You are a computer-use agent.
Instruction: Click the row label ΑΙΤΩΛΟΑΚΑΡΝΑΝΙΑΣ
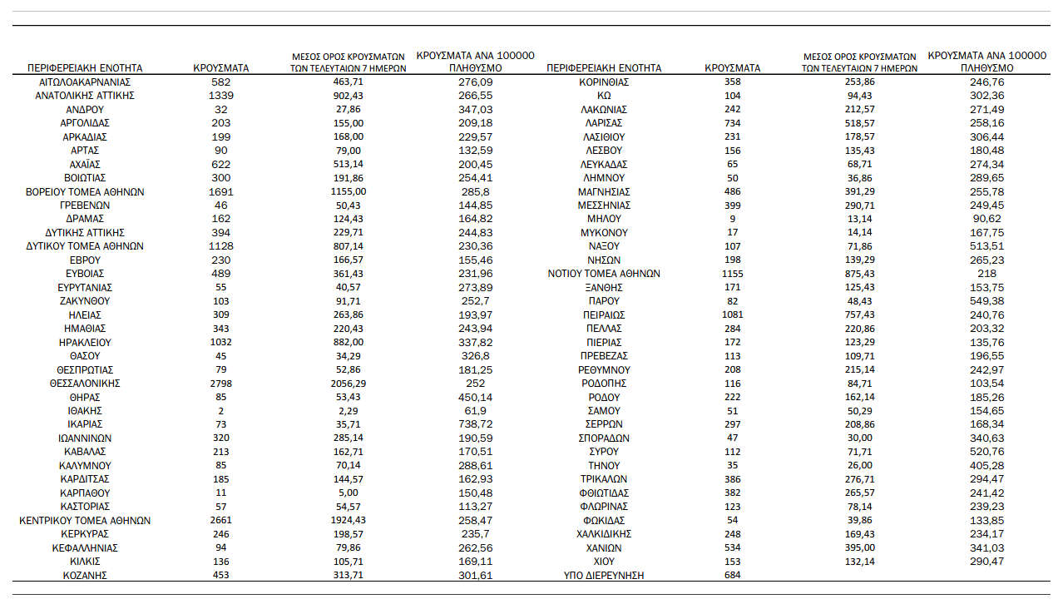click(85, 82)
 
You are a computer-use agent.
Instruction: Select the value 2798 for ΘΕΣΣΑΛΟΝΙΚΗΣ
click(220, 383)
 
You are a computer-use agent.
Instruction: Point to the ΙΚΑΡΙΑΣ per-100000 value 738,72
click(475, 424)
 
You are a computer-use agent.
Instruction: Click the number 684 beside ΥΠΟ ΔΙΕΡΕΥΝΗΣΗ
click(732, 576)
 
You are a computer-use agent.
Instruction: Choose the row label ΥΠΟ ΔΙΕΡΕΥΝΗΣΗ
click(604, 576)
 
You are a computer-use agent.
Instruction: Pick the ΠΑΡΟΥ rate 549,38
click(986, 301)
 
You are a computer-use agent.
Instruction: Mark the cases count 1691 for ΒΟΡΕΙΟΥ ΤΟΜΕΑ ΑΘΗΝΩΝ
click(220, 191)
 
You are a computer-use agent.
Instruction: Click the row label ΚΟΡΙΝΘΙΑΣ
click(604, 82)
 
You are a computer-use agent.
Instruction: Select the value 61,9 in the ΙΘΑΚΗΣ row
click(475, 411)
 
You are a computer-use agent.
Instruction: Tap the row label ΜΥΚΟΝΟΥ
click(604, 233)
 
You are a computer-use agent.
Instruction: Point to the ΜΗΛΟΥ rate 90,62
click(986, 219)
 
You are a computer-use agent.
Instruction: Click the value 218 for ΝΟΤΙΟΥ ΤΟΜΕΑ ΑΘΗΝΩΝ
click(986, 274)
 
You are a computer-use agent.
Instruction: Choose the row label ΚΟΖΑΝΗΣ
click(85, 576)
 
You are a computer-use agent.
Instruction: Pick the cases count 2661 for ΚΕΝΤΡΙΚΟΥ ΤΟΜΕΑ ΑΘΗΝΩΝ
click(220, 521)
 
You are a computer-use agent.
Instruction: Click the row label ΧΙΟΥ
click(604, 562)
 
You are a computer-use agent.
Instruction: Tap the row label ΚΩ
click(604, 96)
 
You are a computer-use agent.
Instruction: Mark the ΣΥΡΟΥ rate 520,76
click(986, 452)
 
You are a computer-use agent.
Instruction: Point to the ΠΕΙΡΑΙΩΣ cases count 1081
click(732, 314)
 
